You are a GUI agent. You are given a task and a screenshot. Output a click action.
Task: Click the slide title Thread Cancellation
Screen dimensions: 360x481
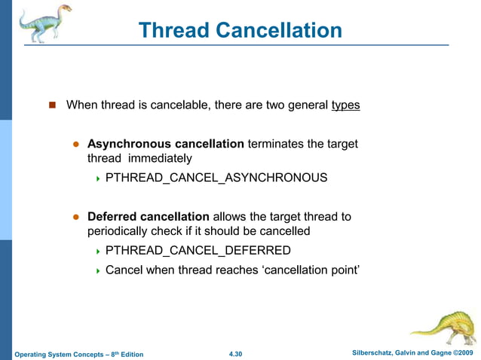point(240,30)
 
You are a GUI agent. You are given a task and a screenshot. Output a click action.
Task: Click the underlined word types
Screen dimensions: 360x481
point(345,105)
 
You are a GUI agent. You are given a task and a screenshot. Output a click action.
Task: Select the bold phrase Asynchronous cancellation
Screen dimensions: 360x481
point(166,143)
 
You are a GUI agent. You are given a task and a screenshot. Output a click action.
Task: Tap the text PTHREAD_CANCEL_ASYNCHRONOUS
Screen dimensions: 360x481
point(216,178)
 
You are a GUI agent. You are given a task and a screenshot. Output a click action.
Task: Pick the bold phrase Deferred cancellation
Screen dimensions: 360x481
point(149,217)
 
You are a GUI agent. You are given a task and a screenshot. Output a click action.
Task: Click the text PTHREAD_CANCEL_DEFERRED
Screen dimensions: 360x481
point(198,250)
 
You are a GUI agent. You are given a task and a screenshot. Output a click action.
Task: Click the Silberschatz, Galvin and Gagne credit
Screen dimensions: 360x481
point(412,353)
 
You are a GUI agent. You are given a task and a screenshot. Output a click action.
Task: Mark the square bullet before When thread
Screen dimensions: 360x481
point(53,105)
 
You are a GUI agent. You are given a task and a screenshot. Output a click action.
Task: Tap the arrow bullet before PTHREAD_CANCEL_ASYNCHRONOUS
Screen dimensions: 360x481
point(98,178)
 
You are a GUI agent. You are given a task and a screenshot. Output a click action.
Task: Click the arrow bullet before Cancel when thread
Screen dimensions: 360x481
point(98,270)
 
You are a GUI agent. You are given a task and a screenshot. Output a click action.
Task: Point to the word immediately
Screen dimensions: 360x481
point(160,158)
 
